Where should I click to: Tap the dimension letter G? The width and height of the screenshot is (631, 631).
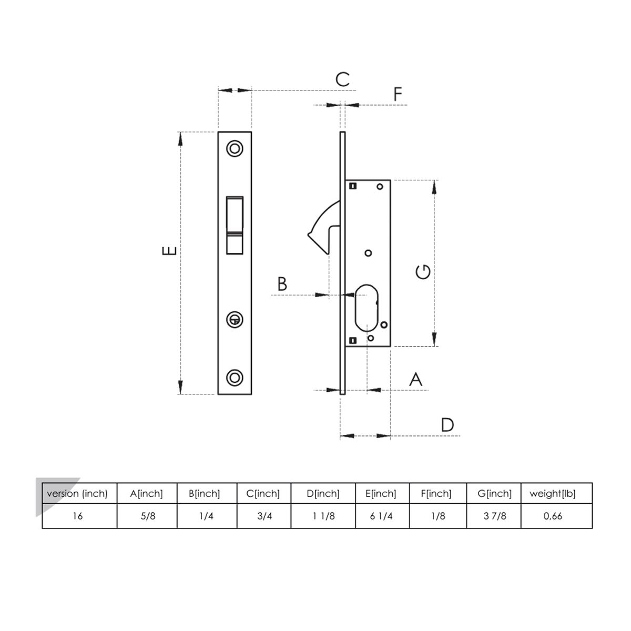423,272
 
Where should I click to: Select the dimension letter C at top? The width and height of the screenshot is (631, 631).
342,79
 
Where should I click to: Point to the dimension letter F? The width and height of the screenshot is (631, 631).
398,94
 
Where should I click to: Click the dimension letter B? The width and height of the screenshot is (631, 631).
282,284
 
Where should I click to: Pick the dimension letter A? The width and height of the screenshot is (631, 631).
415,379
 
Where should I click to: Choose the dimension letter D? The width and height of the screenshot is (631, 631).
447,424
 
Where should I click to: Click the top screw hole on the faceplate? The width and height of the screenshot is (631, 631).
235,149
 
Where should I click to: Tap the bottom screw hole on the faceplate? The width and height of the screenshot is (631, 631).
235,377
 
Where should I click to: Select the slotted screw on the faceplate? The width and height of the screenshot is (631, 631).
235,319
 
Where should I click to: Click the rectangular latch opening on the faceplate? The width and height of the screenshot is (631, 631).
235,225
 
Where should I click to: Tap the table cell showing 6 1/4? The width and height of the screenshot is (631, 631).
381,516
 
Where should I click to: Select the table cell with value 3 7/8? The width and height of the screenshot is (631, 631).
494,516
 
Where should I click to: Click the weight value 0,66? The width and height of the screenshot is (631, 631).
553,516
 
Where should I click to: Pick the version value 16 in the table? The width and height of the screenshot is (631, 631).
77,516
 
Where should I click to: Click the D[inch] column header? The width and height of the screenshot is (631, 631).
323,494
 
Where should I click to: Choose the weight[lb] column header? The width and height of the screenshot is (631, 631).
553,494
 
